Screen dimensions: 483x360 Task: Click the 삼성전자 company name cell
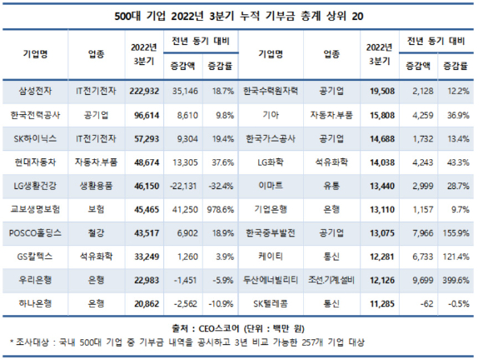[35, 91]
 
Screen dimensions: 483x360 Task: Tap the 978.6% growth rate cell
[221, 210]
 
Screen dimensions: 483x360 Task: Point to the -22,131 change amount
[183, 186]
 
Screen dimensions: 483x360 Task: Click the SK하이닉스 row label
[35, 138]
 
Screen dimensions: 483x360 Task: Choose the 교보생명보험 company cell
[35, 210]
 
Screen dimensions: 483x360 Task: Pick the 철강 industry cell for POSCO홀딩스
[96, 233]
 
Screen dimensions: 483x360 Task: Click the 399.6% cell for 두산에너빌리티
[456, 280]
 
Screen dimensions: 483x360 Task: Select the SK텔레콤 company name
[271, 304]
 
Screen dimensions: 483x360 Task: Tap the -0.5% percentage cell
[459, 304]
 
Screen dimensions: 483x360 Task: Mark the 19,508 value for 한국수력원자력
[382, 91]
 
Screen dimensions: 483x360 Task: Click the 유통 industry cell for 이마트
[331, 186]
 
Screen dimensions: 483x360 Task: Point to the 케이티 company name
[271, 257]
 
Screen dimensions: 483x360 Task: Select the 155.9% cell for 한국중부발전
[456, 233]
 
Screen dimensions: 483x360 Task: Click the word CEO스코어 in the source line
[219, 328]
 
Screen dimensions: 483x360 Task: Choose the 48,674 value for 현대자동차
[147, 162]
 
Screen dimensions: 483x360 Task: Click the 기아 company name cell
[271, 115]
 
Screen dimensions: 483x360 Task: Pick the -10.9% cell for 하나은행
[222, 304]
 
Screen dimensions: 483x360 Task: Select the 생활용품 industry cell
[96, 186]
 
